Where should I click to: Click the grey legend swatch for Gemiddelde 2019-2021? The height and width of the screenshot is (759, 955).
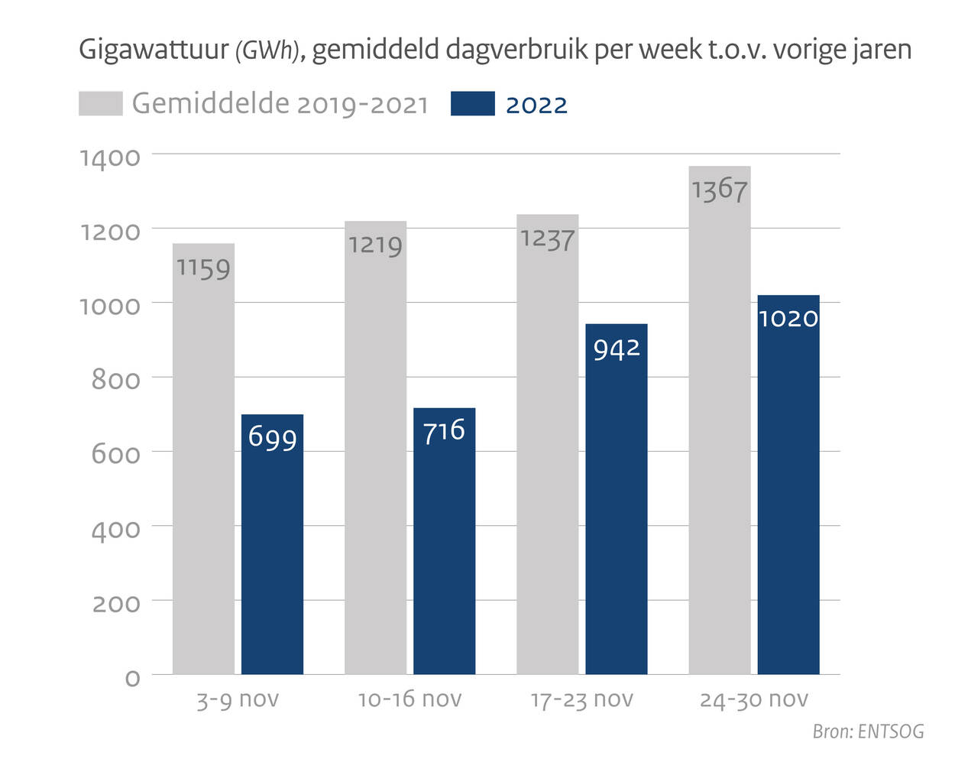point(100,104)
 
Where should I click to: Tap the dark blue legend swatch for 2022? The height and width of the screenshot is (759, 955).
point(472,104)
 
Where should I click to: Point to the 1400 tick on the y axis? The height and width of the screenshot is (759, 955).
point(111,157)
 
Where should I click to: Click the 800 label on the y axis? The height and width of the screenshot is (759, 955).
point(116,380)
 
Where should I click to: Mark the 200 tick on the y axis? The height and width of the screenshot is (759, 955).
point(116,604)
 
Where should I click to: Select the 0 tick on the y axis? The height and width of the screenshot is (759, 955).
point(132,678)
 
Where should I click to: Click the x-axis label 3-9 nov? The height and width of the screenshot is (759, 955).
point(238,699)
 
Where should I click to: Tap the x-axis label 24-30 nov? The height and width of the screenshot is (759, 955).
point(753,699)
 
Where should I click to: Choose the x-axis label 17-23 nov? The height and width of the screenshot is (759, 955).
point(581,699)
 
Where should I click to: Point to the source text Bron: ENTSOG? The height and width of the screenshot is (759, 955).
point(868,731)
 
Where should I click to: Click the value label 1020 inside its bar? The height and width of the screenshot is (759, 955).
point(788,318)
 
